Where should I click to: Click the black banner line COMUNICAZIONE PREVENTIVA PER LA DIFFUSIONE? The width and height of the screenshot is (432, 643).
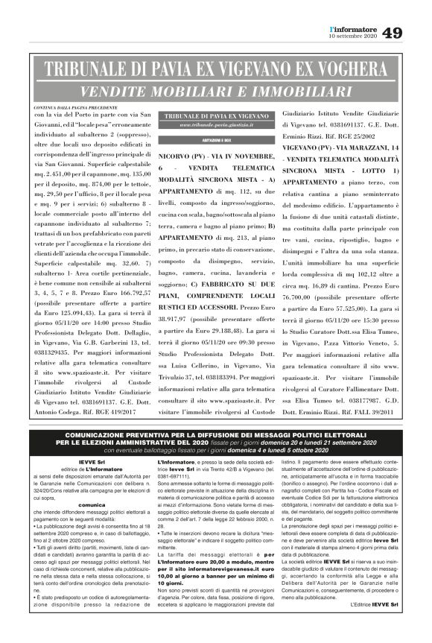pos(216,434)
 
